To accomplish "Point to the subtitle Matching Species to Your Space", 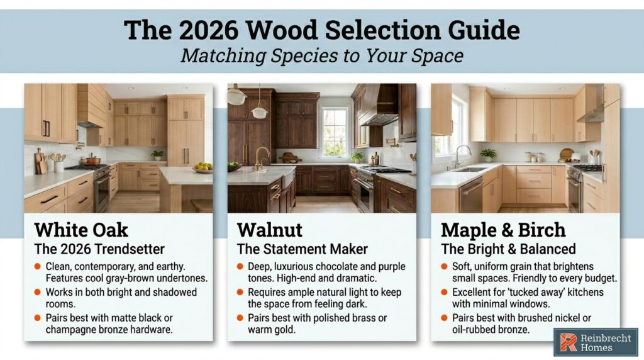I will [x=321, y=55].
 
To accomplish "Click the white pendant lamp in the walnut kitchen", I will [x=259, y=112].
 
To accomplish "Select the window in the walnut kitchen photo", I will [x=335, y=130].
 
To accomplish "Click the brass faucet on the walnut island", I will [x=260, y=157].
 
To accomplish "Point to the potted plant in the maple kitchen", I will [x=487, y=154].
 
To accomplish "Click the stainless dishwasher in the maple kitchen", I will [x=470, y=193].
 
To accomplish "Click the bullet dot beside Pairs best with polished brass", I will [x=241, y=318].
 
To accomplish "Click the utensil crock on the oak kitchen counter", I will [x=59, y=166].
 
